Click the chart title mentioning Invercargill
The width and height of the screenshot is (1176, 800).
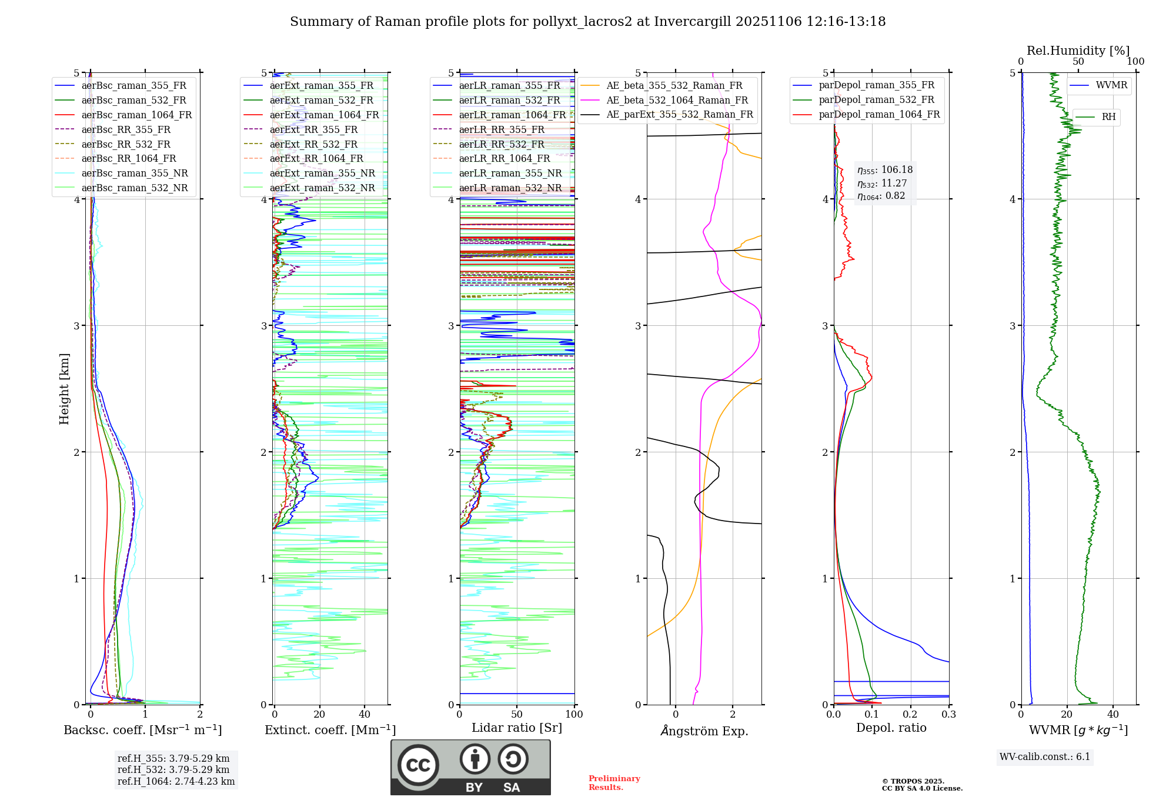pyautogui.click(x=587, y=22)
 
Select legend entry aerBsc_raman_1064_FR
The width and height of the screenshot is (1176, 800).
pyautogui.click(x=136, y=115)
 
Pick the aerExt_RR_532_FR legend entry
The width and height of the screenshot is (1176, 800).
pyautogui.click(x=313, y=144)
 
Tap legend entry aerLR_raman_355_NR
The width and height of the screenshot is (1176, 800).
pyautogui.click(x=510, y=173)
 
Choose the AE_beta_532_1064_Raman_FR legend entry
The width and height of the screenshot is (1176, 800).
pyautogui.click(x=677, y=100)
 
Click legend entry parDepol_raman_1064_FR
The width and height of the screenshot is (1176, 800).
pyautogui.click(x=879, y=114)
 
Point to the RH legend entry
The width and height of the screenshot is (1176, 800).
pyautogui.click(x=1108, y=117)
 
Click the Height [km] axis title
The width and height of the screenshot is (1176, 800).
pyautogui.click(x=64, y=389)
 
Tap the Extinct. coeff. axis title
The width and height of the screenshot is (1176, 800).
pyautogui.click(x=330, y=730)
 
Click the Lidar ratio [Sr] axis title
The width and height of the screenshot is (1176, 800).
pyautogui.click(x=516, y=728)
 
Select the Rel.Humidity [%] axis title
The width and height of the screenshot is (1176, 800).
pyautogui.click(x=1078, y=51)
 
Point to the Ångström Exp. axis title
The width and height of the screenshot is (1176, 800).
pyautogui.click(x=704, y=731)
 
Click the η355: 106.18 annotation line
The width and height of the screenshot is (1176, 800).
pyautogui.click(x=885, y=170)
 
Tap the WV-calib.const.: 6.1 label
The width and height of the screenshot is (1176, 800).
pyautogui.click(x=1044, y=756)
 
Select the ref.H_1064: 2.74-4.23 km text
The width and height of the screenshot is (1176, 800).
pyautogui.click(x=176, y=781)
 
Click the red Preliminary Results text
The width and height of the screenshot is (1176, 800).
pyautogui.click(x=614, y=782)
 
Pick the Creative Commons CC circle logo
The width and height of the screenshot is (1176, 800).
pyautogui.click(x=418, y=765)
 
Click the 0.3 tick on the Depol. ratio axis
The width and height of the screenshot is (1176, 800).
pyautogui.click(x=948, y=715)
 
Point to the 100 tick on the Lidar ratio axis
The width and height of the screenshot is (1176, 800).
pyautogui.click(x=574, y=715)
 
